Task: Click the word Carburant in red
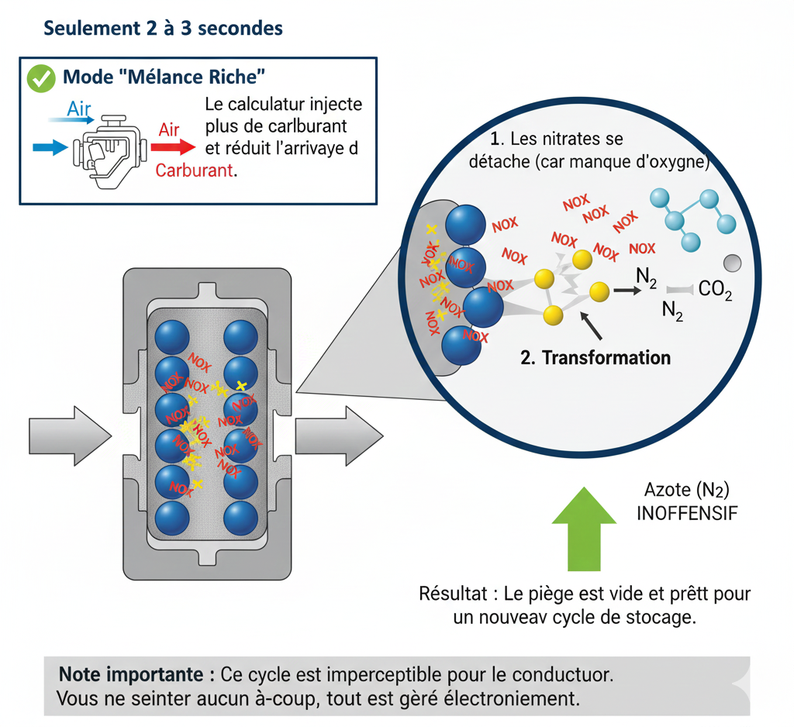coord(193,171)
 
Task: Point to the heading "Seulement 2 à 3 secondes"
coord(163,29)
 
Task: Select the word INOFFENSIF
coord(687,513)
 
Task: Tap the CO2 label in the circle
coord(715,291)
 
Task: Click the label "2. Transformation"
coord(595,357)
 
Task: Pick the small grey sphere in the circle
coord(732,261)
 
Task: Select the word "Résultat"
coord(453,594)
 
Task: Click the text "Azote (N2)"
coord(687,490)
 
